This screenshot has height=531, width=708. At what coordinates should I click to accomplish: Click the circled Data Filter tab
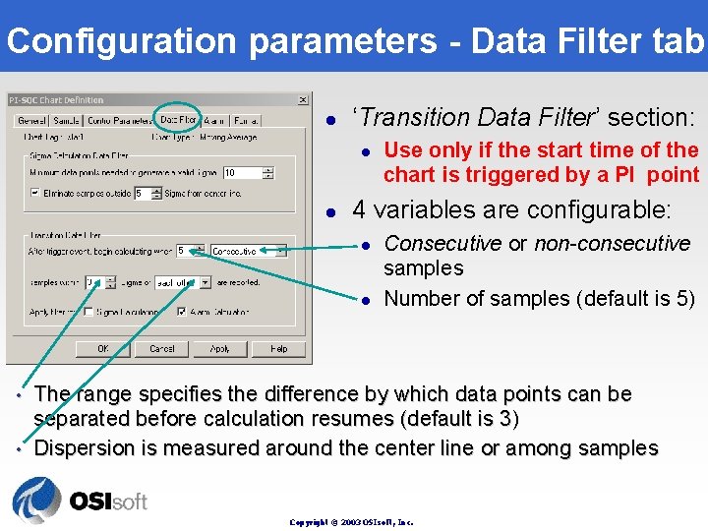tap(178, 120)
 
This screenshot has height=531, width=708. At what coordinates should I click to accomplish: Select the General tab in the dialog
tap(29, 121)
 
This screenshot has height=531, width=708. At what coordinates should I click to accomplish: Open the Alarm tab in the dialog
tap(215, 121)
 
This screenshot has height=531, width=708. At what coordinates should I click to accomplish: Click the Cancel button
tap(162, 348)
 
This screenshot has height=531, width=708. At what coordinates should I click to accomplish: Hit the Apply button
tap(220, 348)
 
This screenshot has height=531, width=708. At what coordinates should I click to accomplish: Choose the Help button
tap(278, 348)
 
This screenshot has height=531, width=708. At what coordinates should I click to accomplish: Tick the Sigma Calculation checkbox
tap(88, 313)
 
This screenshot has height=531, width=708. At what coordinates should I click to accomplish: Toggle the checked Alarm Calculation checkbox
tap(181, 313)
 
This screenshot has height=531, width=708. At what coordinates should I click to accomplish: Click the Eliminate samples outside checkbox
tap(35, 194)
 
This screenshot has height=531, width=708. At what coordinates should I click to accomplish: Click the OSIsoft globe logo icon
tap(36, 501)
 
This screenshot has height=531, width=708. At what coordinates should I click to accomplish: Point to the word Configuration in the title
tap(121, 41)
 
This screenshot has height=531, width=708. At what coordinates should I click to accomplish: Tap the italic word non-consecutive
tap(612, 243)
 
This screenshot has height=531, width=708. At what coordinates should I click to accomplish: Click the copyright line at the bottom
tap(351, 522)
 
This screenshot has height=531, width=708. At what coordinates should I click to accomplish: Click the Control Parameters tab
tap(119, 121)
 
